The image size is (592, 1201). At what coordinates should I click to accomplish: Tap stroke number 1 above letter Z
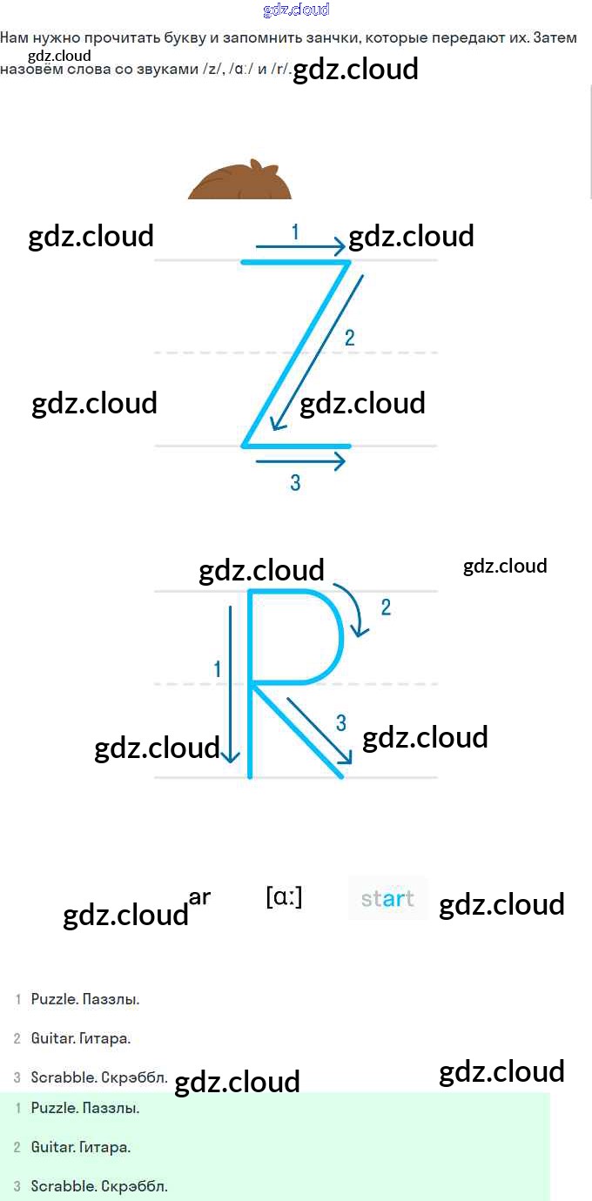[295, 231]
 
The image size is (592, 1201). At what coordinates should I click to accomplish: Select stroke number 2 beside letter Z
[349, 338]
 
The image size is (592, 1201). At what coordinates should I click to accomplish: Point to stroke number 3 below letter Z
[295, 482]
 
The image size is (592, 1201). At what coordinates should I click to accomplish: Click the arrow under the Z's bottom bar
[300, 461]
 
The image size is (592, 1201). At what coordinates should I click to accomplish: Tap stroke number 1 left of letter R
[218, 668]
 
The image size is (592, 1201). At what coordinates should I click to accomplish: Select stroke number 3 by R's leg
[340, 721]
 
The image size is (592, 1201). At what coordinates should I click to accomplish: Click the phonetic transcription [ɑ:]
[284, 896]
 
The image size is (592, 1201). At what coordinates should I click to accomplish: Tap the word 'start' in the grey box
[387, 898]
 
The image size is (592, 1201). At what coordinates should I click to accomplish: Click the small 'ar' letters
[199, 896]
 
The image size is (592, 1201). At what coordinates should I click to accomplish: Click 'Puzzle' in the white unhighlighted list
[54, 999]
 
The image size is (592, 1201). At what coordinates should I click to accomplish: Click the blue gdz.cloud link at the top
[296, 10]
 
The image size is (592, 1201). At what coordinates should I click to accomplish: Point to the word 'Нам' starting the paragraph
[15, 38]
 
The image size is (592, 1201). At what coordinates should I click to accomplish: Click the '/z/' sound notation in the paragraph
[211, 69]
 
